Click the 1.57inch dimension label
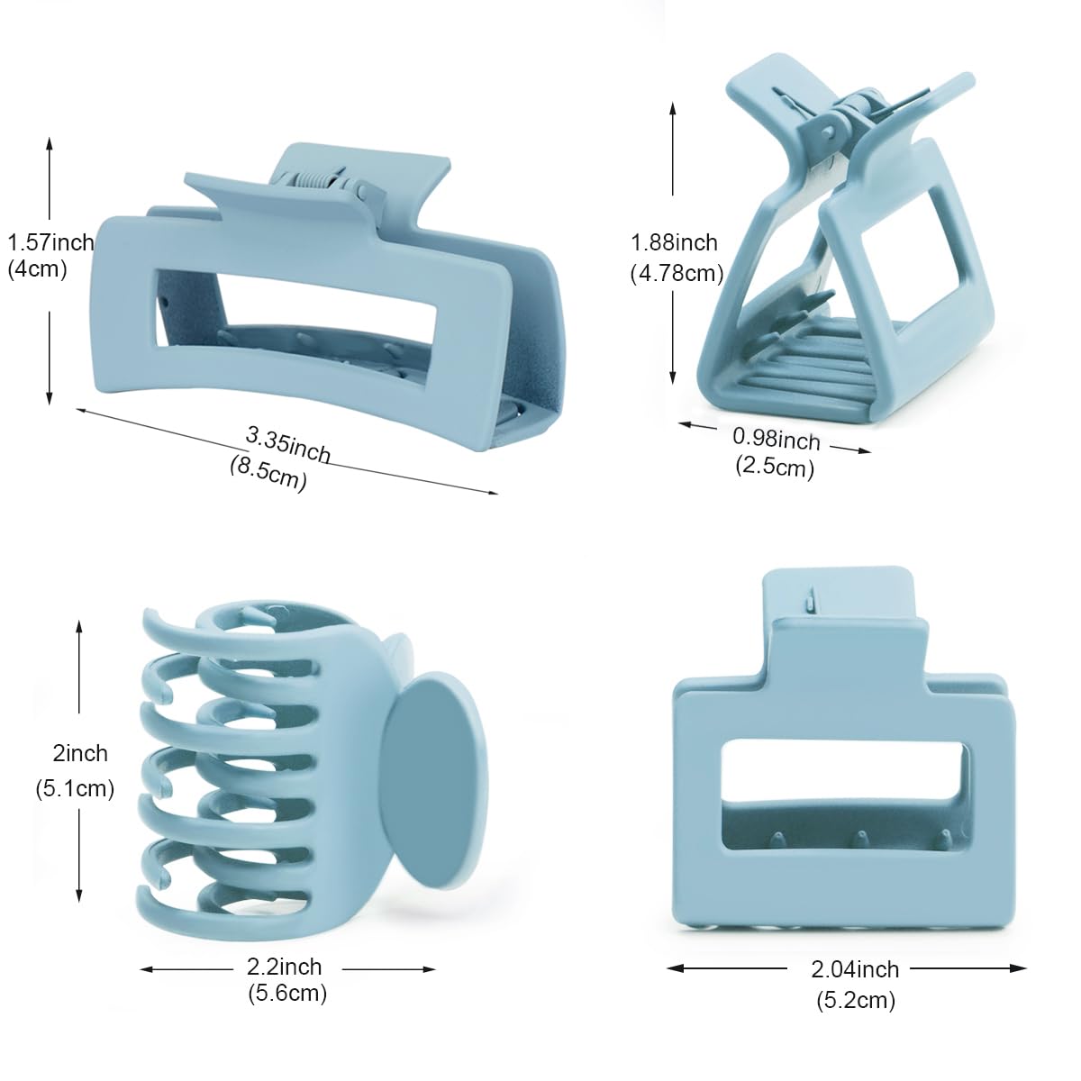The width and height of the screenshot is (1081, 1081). tap(50, 243)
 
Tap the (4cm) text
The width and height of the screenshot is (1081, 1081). tap(37, 270)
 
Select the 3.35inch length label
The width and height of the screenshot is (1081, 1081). tap(287, 445)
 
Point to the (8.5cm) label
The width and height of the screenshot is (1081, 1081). tap(268, 474)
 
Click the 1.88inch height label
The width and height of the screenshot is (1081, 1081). tap(675, 243)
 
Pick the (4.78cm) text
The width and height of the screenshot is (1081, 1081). tap(677, 274)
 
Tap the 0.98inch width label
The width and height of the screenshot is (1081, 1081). tap(777, 439)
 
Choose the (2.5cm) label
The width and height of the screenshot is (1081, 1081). tap(775, 467)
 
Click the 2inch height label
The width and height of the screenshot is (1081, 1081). tap(80, 753)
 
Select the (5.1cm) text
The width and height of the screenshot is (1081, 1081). tap(75, 789)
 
